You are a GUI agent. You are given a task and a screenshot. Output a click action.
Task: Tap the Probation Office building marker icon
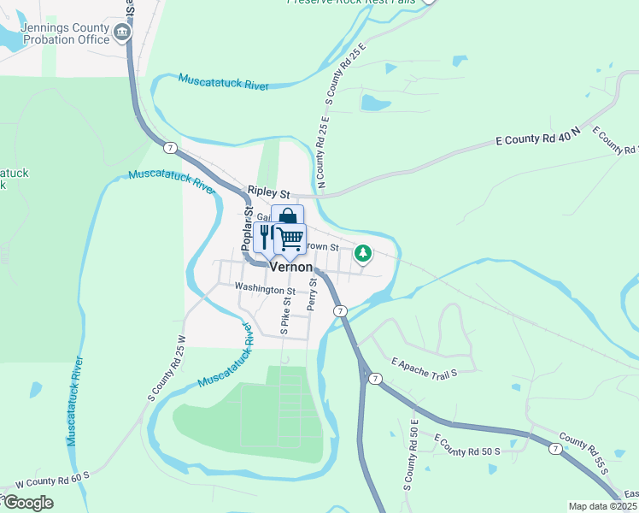point(122,33)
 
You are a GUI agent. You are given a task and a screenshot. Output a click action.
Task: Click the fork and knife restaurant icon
point(266,237)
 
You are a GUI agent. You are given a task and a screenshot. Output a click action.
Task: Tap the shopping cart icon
point(290,239)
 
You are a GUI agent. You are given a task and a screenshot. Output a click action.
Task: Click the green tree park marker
point(364,253)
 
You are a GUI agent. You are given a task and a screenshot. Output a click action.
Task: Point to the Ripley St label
point(269,193)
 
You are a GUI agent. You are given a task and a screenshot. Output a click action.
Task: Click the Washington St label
point(265,289)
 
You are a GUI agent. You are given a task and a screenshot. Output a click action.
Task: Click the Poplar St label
point(247,227)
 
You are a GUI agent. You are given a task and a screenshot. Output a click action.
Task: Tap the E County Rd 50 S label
point(466,445)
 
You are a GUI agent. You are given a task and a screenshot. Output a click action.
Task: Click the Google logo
point(27,503)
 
